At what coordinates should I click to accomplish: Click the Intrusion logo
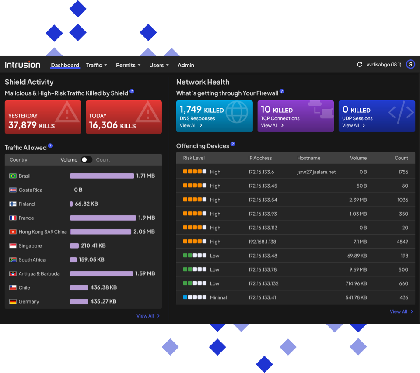click(23, 65)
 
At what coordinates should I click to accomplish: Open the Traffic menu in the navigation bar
click(96, 65)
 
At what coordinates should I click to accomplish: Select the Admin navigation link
click(186, 65)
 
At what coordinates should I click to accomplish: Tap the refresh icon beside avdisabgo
click(360, 65)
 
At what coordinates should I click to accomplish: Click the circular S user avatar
click(410, 65)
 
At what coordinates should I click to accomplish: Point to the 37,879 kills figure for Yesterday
click(31, 125)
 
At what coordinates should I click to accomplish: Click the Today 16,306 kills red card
click(124, 117)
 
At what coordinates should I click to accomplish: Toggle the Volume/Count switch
click(87, 160)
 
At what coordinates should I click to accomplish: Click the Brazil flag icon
click(13, 176)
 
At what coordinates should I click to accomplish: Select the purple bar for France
click(103, 218)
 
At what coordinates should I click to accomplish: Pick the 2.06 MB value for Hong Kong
click(144, 231)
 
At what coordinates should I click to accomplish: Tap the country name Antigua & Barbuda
click(39, 274)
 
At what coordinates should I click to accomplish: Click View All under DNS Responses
click(191, 125)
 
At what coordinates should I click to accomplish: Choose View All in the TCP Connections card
click(272, 125)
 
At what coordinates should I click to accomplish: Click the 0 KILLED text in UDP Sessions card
click(356, 110)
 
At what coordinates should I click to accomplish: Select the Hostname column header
click(309, 158)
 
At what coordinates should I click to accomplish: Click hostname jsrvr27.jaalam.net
click(316, 172)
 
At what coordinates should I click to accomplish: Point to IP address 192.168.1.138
click(262, 242)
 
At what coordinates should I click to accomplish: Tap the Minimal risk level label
click(218, 297)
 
